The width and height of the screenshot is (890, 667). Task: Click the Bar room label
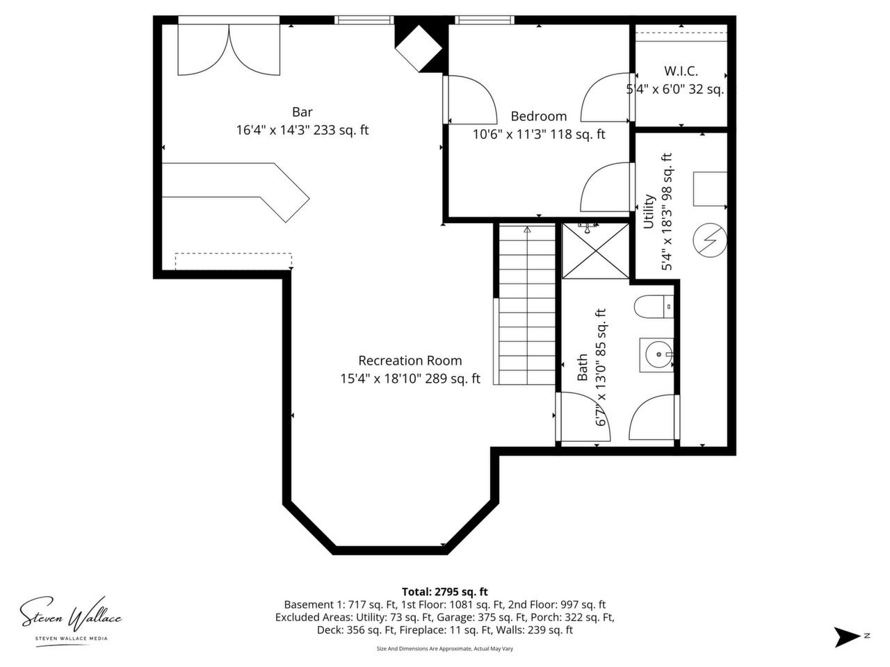coord(302,112)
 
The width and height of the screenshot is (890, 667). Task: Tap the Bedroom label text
coord(538,117)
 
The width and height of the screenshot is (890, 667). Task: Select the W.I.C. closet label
coord(681,72)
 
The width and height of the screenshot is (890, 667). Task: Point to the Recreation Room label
coord(410,361)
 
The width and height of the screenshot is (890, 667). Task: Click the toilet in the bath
coord(654,306)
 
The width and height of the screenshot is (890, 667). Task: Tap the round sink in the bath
coord(658,354)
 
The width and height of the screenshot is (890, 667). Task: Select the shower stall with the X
coord(595,251)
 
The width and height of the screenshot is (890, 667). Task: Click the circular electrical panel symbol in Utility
coord(710,241)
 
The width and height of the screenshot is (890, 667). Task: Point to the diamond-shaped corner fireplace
coord(419,48)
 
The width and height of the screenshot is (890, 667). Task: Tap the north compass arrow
coord(845,637)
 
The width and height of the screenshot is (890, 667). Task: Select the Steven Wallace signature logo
coord(71,618)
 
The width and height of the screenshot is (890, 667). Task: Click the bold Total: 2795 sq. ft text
coord(445,592)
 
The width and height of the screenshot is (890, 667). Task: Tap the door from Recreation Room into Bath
coord(583,416)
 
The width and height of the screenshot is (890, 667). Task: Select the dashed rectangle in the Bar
coord(234,261)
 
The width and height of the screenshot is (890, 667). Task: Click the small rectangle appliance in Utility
coord(710,189)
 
